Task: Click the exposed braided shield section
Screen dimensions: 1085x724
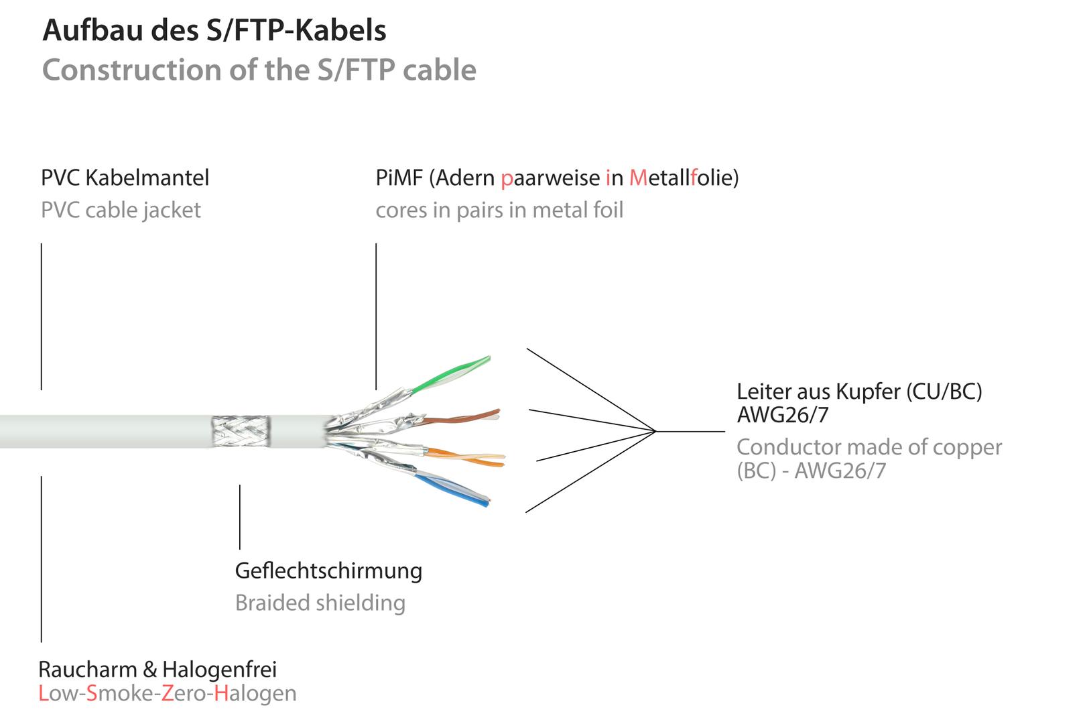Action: tap(241, 431)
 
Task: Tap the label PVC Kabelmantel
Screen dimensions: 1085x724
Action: tap(125, 178)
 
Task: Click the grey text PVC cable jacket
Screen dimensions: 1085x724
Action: tap(121, 210)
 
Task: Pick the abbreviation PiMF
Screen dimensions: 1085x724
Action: tap(399, 178)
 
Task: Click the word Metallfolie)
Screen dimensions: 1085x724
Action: tap(684, 178)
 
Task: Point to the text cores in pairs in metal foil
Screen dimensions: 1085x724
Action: tap(499, 210)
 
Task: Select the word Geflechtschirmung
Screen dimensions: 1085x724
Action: tap(328, 571)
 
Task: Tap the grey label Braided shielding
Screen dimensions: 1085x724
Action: tap(320, 603)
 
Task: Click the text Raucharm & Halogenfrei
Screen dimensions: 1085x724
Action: tap(157, 670)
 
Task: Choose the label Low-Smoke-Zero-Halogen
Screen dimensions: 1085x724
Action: tap(168, 693)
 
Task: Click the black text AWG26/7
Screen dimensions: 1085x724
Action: tap(783, 415)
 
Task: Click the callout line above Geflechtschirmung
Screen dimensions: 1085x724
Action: tap(240, 517)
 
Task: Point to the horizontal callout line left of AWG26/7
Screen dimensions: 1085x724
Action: tap(690, 431)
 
